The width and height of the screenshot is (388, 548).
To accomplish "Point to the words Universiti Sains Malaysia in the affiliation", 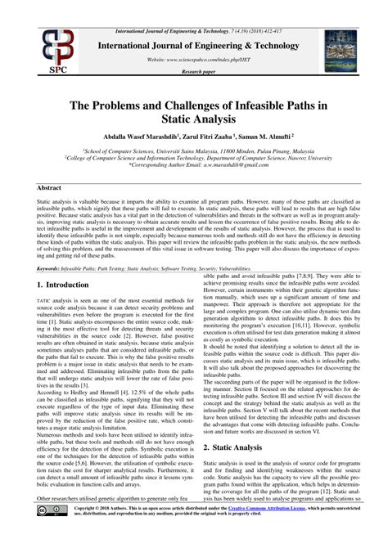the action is click(x=187, y=151).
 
